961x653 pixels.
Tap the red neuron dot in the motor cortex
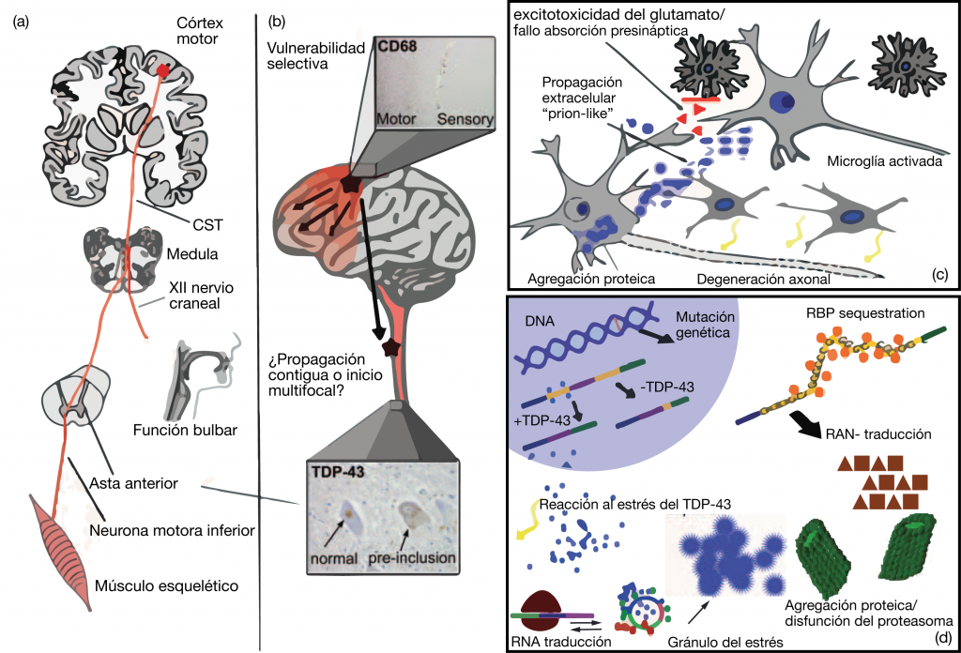point(163,70)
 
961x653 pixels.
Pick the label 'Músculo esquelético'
point(165,586)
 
